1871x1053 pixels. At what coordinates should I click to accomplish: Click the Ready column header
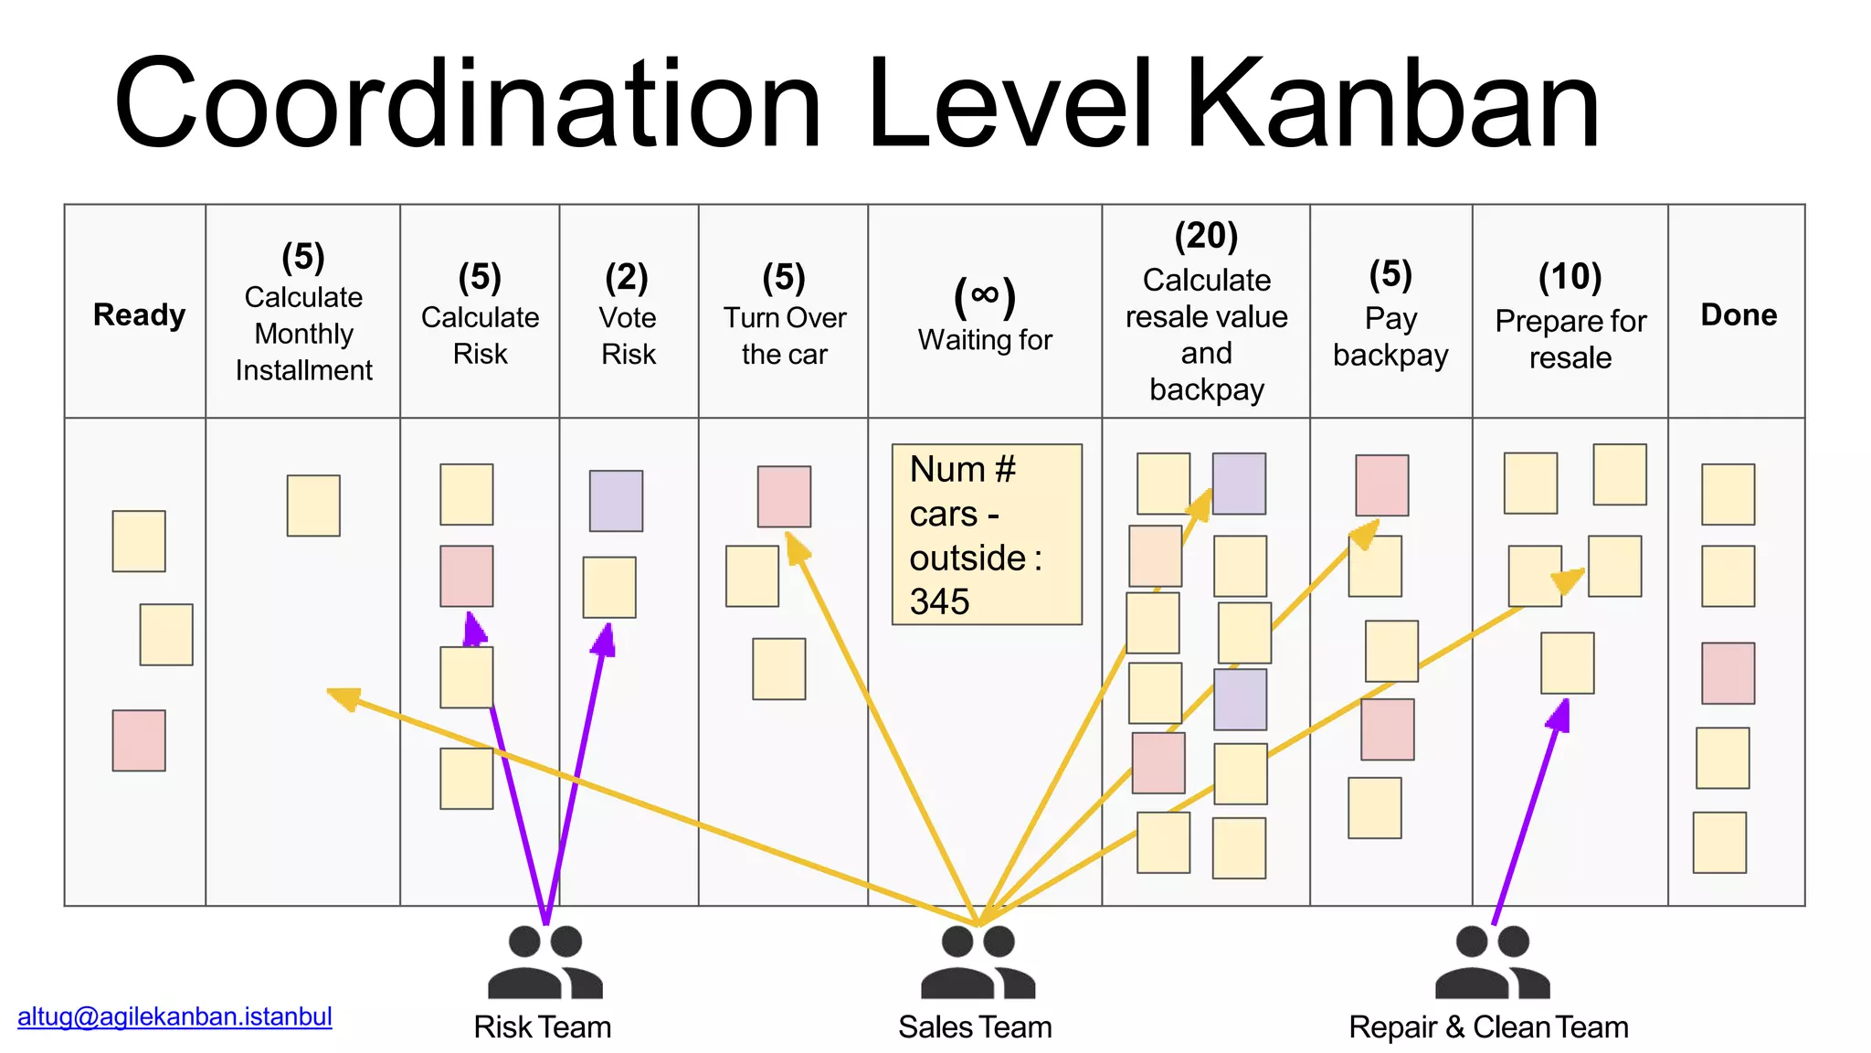point(139,314)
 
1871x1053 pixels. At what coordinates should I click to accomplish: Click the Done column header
point(1738,314)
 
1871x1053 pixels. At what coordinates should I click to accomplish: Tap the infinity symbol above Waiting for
point(984,294)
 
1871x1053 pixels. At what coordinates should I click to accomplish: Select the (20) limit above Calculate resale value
point(1206,236)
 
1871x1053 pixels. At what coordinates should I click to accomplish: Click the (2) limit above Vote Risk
point(627,277)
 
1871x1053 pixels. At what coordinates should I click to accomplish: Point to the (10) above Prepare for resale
point(1570,277)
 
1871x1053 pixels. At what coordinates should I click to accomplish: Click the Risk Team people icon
point(544,962)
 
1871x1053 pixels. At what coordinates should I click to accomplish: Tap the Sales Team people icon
point(978,962)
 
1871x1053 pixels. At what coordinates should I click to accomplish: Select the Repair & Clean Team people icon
point(1492,962)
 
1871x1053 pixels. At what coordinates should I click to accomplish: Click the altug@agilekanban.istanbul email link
point(174,1016)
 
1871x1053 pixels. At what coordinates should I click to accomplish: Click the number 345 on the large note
point(939,601)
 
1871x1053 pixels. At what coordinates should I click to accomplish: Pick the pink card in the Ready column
point(139,740)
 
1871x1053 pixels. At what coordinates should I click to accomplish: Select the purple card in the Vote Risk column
point(616,501)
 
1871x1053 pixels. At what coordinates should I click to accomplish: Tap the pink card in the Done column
point(1728,673)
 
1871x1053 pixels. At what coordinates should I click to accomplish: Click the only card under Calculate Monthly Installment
point(313,505)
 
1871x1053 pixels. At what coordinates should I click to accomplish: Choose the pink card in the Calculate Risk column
point(466,576)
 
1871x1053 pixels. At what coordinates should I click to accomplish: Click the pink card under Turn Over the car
point(784,496)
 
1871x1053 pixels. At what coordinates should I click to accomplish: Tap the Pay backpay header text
point(1390,336)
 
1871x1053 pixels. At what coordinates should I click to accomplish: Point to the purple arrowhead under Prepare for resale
point(1559,716)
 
